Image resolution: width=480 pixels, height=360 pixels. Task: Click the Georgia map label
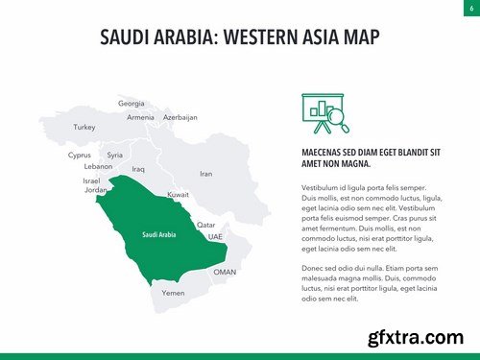click(x=132, y=103)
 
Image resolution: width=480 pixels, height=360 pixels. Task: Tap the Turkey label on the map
click(x=84, y=127)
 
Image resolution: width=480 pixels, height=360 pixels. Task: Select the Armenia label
click(x=140, y=117)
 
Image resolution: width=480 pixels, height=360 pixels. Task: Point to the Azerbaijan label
click(x=180, y=117)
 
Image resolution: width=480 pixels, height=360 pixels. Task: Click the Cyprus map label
click(x=79, y=155)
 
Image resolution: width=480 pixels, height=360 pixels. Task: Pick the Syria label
click(x=115, y=155)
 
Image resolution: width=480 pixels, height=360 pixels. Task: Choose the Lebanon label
click(x=99, y=166)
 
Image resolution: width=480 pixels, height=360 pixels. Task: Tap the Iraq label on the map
click(x=138, y=169)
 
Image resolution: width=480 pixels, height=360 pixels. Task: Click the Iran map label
click(x=205, y=174)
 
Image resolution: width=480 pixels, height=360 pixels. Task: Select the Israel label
click(x=91, y=180)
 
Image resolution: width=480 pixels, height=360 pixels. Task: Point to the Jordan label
click(x=96, y=190)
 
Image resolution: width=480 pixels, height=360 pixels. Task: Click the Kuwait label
click(x=178, y=195)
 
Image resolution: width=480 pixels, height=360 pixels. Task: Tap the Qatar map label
click(x=205, y=225)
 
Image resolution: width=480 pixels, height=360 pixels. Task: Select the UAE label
click(x=215, y=236)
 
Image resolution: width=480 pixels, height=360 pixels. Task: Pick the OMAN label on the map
click(x=225, y=272)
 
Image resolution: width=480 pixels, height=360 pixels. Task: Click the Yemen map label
click(x=174, y=293)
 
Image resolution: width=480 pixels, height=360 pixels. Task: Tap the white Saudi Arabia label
click(x=159, y=234)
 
